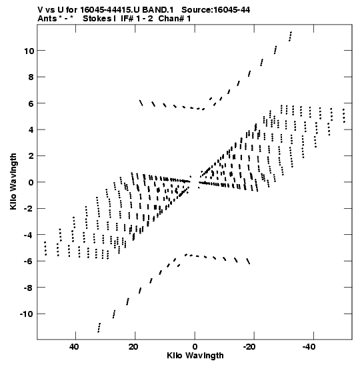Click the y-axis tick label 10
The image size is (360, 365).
pyautogui.click(x=29, y=51)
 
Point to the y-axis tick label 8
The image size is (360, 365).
pyautogui.click(x=31, y=77)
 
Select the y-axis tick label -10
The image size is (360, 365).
pyautogui.click(x=27, y=314)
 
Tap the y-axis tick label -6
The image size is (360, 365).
pyautogui.click(x=29, y=261)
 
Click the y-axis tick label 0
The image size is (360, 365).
pyautogui.click(x=31, y=182)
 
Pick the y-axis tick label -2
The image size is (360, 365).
pyautogui.click(x=29, y=209)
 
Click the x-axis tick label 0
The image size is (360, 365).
pyautogui.click(x=195, y=347)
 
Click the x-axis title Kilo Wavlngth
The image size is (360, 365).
pyautogui.click(x=195, y=356)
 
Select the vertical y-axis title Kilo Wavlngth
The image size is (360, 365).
pyautogui.click(x=13, y=181)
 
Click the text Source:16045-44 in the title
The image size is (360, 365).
pyautogui.click(x=215, y=10)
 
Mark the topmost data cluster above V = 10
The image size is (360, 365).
pyautogui.click(x=290, y=36)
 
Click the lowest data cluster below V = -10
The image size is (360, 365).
pyautogui.click(x=99, y=328)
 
